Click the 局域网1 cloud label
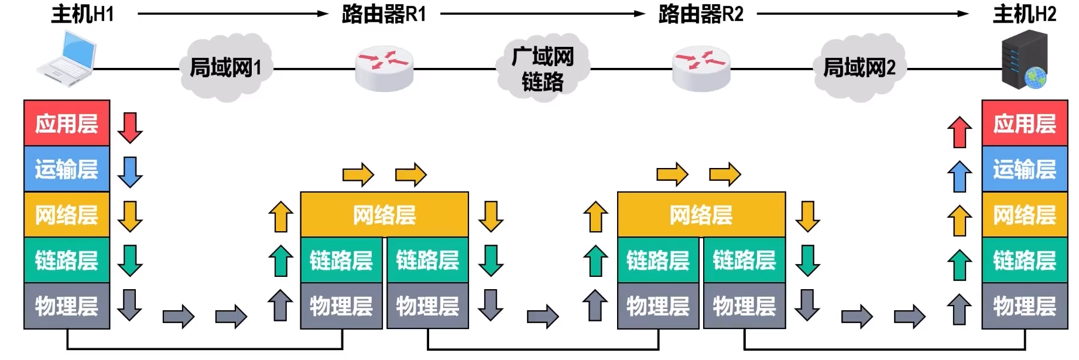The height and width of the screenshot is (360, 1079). click(225, 68)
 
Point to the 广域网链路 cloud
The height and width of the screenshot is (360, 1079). click(543, 69)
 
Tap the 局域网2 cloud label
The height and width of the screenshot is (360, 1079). click(859, 68)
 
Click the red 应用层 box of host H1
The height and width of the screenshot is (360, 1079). click(67, 124)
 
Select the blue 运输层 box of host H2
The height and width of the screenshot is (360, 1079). click(1025, 169)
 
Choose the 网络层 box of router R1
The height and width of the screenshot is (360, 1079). click(384, 215)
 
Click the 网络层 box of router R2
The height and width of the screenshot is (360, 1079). click(701, 215)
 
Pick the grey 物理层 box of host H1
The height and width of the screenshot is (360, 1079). click(67, 306)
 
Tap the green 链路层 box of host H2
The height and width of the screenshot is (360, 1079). click(1025, 260)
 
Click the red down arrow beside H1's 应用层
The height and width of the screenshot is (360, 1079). click(130, 127)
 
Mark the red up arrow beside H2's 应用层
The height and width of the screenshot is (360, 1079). click(960, 132)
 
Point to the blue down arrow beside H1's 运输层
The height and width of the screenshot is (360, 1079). click(130, 172)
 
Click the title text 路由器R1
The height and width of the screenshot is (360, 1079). click(384, 14)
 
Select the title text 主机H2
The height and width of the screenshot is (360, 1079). click(1025, 14)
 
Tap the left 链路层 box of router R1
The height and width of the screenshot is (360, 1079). click(341, 260)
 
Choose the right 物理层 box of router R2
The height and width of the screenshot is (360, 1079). click(744, 306)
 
